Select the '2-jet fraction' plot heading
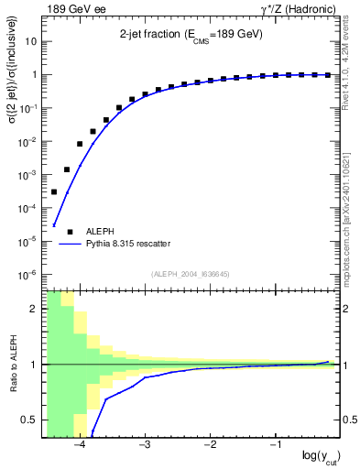tap(191, 35)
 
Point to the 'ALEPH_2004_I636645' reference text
tap(190, 273)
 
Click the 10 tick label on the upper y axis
tap(30, 42)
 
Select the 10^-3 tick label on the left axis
tap(27, 175)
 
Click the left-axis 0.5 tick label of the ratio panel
tap(28, 420)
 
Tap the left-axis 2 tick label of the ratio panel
tap(34, 309)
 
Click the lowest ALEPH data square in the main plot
tap(54, 191)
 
